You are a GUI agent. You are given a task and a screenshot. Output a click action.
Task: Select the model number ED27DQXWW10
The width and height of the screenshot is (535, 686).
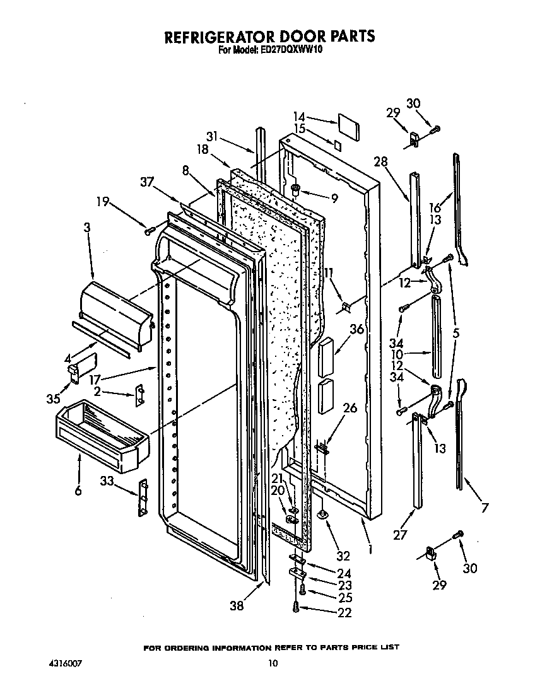click(x=288, y=50)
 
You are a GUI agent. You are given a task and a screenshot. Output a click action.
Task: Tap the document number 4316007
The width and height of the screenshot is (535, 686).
click(x=65, y=663)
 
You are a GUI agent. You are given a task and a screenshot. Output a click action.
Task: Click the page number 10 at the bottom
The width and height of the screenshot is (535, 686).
click(x=272, y=663)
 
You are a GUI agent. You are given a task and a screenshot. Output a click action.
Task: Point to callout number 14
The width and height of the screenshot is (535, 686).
click(x=299, y=117)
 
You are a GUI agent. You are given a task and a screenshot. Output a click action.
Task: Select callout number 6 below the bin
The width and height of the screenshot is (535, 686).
click(x=78, y=490)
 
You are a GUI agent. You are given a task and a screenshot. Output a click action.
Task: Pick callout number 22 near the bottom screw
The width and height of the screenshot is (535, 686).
click(x=344, y=612)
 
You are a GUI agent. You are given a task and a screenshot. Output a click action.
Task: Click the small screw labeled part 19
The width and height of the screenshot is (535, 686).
click(x=150, y=231)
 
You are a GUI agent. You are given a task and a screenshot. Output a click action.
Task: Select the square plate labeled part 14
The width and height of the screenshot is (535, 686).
click(x=348, y=127)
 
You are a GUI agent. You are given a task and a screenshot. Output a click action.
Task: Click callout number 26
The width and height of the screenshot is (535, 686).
click(x=350, y=408)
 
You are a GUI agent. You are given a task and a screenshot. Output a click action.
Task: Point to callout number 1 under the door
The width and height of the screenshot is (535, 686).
click(x=370, y=549)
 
